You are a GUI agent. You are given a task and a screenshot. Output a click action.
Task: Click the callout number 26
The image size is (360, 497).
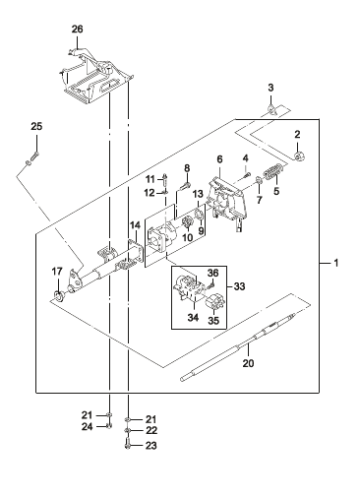coord(78,30)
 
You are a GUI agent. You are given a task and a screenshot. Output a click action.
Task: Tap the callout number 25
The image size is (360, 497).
coord(36,126)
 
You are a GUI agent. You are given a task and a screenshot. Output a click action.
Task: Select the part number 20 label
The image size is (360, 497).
coord(248,363)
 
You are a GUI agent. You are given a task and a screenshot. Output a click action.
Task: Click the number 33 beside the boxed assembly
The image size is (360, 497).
coord(240,286)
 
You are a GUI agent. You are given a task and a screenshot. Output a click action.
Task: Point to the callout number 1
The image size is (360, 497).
coord(335,263)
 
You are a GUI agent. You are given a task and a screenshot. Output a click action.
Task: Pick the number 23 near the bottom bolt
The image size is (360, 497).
coord(150,446)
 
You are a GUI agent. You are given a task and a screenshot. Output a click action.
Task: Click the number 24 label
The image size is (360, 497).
coord(87,427)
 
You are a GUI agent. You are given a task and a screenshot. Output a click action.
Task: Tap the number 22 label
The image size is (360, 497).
coord(151,430)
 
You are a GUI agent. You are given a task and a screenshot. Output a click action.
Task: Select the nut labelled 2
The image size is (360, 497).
coord(299,156)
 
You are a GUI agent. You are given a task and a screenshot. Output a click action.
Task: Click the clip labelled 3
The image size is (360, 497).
coord(271,110)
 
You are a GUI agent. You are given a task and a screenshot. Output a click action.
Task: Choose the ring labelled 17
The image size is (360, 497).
coord(59,295)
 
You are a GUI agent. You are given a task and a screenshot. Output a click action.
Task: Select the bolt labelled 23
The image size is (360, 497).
coord(128,445)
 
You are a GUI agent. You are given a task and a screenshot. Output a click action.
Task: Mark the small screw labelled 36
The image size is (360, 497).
coord(210,285)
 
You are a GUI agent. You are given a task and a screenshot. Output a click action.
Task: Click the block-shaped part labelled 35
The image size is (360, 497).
coord(214,301)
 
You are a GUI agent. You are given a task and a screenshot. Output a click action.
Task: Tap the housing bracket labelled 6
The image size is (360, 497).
coord(227,204)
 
